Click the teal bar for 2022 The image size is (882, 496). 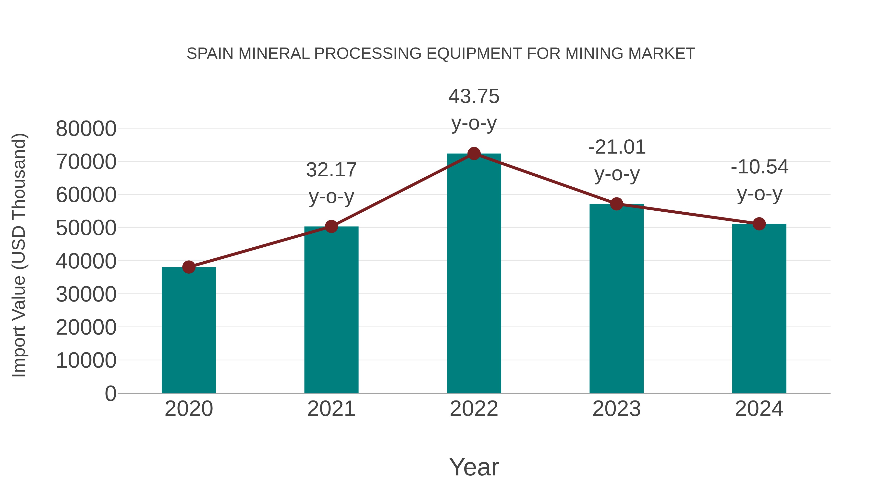tap(474, 274)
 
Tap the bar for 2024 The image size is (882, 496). tap(759, 308)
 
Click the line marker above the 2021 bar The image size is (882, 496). tap(331, 226)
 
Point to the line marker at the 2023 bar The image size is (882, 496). tap(616, 204)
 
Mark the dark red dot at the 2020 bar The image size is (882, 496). tap(189, 267)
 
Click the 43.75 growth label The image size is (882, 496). tap(474, 97)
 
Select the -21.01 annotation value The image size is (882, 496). tap(617, 147)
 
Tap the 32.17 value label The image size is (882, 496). tap(331, 170)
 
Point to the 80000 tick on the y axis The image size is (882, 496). tap(86, 129)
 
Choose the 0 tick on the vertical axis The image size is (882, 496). tap(110, 393)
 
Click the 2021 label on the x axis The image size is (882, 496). tap(331, 409)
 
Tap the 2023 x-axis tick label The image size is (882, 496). tap(616, 409)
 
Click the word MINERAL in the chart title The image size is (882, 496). tap(274, 54)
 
